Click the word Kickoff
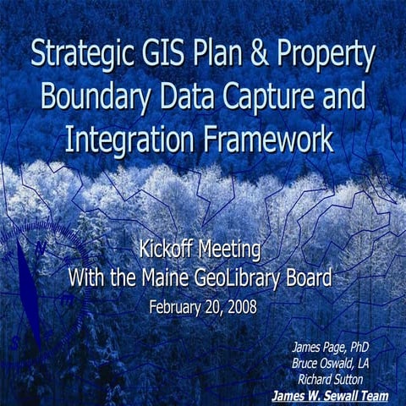(166, 250)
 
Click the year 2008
(239, 305)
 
